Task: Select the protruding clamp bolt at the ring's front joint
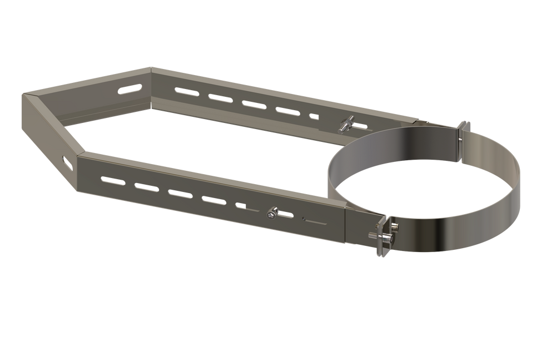(393, 226)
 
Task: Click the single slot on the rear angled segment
(129, 89)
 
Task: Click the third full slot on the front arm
(180, 193)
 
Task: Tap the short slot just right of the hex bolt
(286, 213)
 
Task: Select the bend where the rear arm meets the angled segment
(151, 70)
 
